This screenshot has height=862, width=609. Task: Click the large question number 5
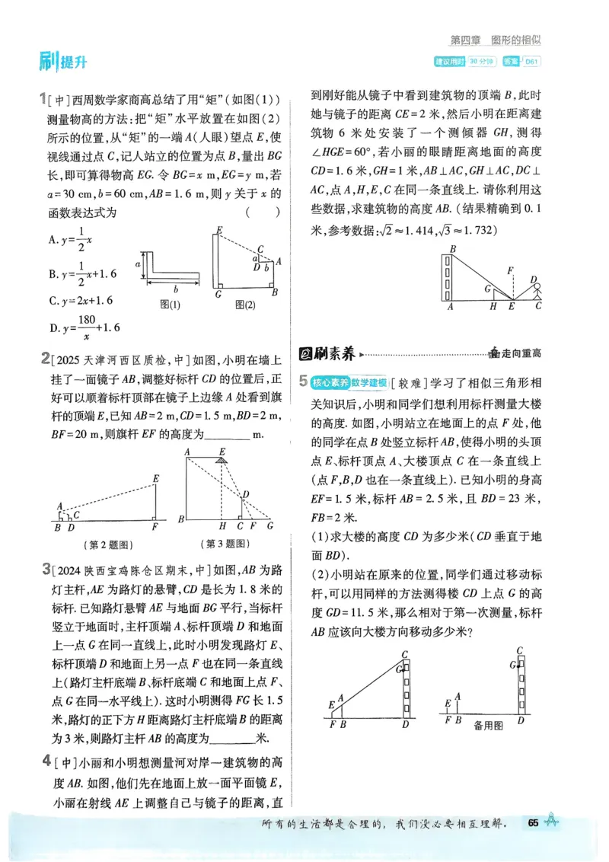click(x=303, y=381)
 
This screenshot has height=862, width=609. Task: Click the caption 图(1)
click(x=170, y=305)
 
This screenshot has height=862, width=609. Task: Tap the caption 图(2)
click(x=244, y=305)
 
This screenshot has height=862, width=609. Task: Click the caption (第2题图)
click(x=106, y=544)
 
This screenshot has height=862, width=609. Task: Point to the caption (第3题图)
click(x=225, y=544)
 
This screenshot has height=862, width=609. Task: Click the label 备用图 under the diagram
click(x=488, y=726)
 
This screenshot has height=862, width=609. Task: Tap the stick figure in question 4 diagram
click(x=535, y=289)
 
